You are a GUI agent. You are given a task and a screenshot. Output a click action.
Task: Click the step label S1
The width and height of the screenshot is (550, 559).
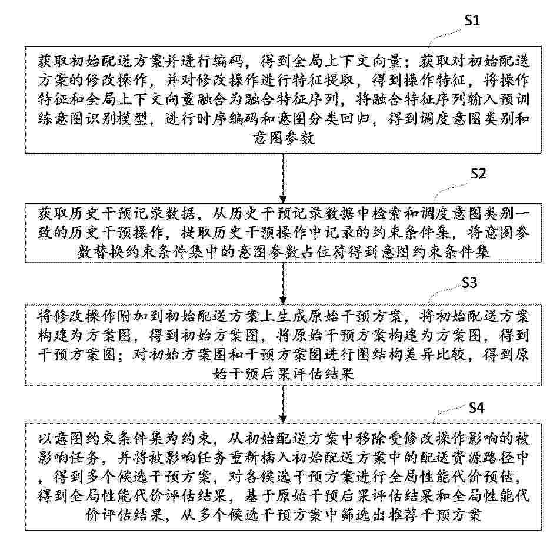[x=472, y=20]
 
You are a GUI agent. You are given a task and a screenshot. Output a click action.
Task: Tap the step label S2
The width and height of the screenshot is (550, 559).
[x=478, y=174]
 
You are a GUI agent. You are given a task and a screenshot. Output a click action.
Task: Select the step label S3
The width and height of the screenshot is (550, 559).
[x=469, y=283]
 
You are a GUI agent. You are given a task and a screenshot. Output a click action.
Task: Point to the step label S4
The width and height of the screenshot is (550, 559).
[x=476, y=408]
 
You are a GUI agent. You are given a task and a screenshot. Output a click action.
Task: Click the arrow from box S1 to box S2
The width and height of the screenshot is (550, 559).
[x=283, y=178]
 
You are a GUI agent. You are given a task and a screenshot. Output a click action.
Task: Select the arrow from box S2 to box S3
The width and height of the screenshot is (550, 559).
[x=283, y=283]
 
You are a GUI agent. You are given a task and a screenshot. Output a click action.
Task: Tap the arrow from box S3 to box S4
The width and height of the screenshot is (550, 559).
[x=283, y=405]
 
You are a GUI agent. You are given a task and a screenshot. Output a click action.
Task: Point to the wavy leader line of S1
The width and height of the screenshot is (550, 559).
[x=446, y=37]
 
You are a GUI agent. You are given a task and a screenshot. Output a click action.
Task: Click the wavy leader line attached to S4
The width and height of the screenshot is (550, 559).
[x=451, y=411]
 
